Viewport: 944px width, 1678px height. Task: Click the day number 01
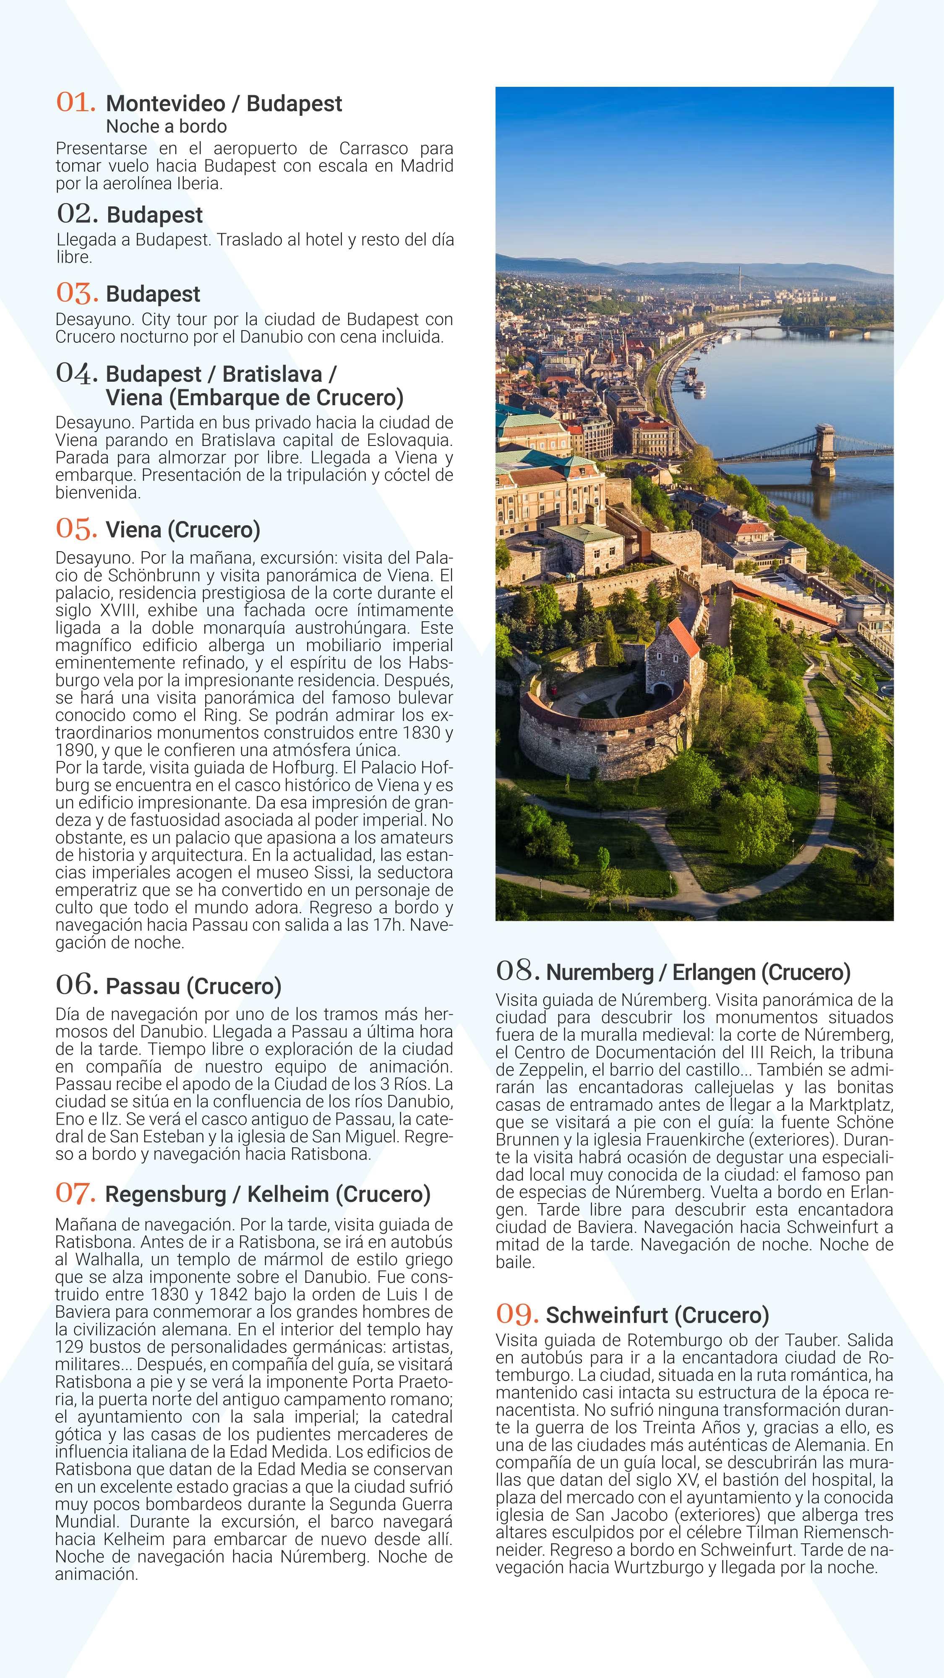point(76,102)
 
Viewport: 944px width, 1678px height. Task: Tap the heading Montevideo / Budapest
point(224,104)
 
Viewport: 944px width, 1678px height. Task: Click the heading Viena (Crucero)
point(183,529)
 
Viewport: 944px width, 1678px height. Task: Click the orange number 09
point(516,1314)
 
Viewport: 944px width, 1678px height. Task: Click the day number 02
point(77,213)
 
